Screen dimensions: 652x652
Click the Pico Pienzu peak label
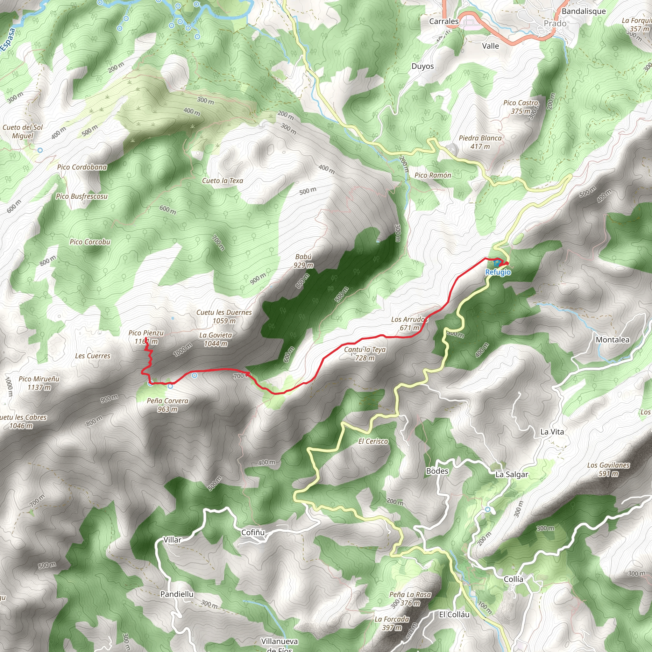point(146,333)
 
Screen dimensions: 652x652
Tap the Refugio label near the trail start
point(498,272)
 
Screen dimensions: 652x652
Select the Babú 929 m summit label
point(303,261)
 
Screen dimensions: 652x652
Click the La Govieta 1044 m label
point(216,339)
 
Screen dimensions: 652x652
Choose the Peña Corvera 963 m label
point(167,405)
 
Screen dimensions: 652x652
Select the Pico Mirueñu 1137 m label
point(39,383)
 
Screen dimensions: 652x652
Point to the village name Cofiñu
point(253,533)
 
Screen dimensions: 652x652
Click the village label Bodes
point(437,471)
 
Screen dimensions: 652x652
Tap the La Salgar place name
point(512,474)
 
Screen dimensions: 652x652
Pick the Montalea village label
point(613,340)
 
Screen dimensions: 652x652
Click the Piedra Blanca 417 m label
point(480,142)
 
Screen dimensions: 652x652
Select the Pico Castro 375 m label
point(521,107)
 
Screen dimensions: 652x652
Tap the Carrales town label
point(444,21)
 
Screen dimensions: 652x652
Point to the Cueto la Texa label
point(223,181)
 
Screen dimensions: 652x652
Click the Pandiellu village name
point(177,594)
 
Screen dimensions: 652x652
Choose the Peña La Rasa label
point(410,595)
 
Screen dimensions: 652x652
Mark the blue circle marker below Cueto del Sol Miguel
point(40,150)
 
